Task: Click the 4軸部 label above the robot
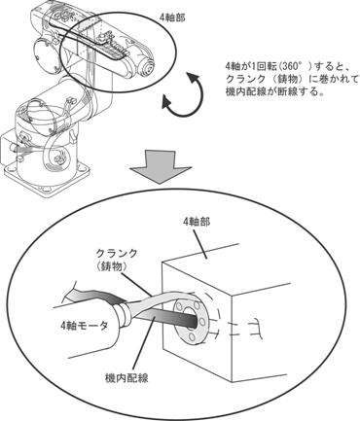click(x=172, y=18)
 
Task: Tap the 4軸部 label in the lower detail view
click(x=197, y=222)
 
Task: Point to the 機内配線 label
click(x=127, y=377)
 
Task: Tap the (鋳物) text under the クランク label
click(x=112, y=266)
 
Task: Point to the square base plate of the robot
click(x=47, y=178)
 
